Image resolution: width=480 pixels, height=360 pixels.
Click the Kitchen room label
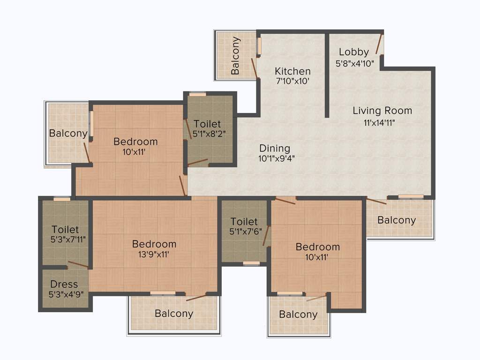coord(292,71)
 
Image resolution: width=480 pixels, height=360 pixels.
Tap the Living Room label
coord(382,111)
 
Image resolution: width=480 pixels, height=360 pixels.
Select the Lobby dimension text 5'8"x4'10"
coord(355,63)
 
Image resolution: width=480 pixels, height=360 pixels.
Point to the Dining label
coord(275,148)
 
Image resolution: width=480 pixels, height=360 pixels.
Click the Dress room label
coord(64,284)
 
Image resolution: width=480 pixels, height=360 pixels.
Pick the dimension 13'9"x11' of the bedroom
coord(154,255)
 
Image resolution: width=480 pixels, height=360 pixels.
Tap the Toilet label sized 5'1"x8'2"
coord(207,124)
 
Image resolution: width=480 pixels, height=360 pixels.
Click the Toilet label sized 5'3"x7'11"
coord(65,230)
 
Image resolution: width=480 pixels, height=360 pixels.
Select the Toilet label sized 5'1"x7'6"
coord(244,221)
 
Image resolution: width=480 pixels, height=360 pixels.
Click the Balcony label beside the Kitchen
coord(235,55)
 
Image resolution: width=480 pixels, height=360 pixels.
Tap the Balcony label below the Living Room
coord(397,220)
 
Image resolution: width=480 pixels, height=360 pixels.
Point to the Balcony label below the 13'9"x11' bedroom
coord(174,313)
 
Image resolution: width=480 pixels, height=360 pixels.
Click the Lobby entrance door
coord(379,44)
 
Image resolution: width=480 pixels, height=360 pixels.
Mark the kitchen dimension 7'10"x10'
coord(292,81)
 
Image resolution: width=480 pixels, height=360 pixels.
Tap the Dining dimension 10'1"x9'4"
coord(276,158)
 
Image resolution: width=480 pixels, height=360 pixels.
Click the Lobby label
coord(354,52)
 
